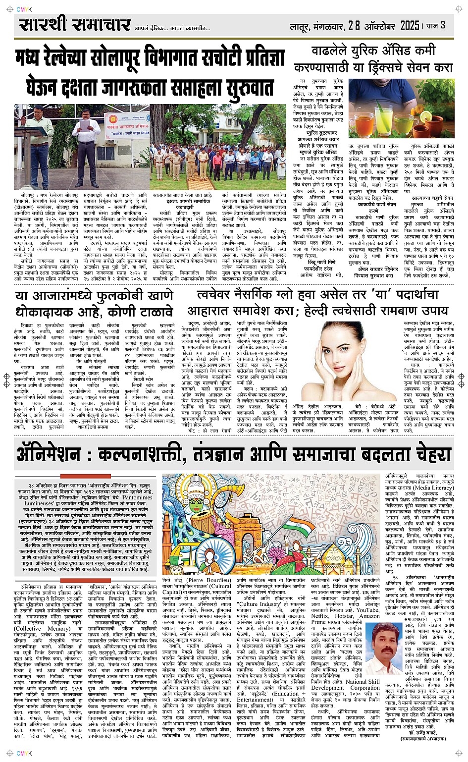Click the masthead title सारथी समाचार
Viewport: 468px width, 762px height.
point(75,25)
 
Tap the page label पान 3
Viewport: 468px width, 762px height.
point(436,25)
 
